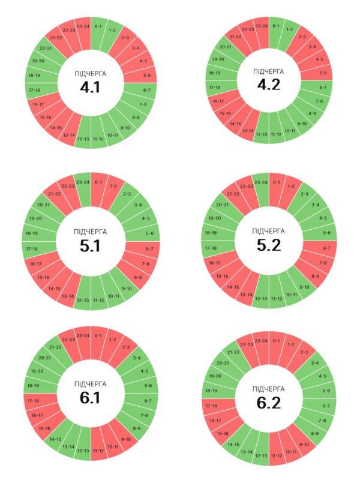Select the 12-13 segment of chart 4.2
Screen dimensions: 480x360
262,133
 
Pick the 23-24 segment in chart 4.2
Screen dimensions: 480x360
261,26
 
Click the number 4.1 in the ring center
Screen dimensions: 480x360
91,88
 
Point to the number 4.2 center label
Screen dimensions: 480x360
269,85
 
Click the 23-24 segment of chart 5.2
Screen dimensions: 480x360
261,182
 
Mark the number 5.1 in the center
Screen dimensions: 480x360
91,246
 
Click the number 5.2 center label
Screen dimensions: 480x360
269,245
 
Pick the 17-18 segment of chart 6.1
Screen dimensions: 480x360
34,400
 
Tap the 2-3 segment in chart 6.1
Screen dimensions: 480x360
125,347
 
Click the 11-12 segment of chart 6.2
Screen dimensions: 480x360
277,455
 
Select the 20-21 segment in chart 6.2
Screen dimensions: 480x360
222,363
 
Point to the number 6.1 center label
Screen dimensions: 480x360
91,398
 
